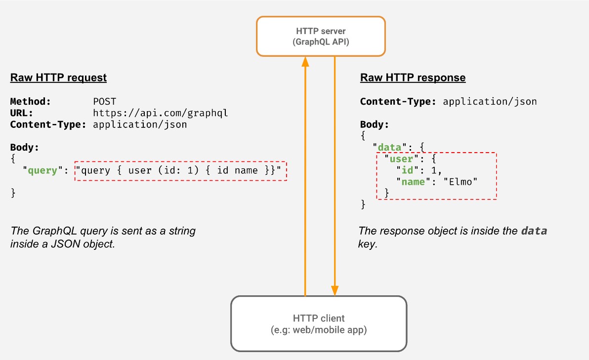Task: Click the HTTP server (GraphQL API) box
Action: [x=321, y=37]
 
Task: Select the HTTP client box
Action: [x=319, y=323]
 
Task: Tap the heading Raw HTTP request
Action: [x=58, y=78]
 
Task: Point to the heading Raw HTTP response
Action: [x=413, y=78]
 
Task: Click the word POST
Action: [x=104, y=101]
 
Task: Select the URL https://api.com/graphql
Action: [x=161, y=113]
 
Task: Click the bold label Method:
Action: [x=30, y=101]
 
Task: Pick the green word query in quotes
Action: [x=42, y=170]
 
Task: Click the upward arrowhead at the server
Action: [x=305, y=62]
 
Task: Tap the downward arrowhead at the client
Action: [x=335, y=290]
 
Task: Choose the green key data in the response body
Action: [x=389, y=147]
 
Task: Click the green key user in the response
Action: [x=401, y=159]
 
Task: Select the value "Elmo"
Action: [x=461, y=182]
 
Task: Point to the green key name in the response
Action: [x=413, y=182]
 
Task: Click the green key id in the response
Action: [x=407, y=170]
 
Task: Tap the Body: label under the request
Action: [x=24, y=147]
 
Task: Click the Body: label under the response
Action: [x=374, y=124]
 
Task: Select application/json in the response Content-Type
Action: [x=490, y=101]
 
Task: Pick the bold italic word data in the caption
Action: [x=534, y=231]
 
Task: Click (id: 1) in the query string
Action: [x=178, y=170]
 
